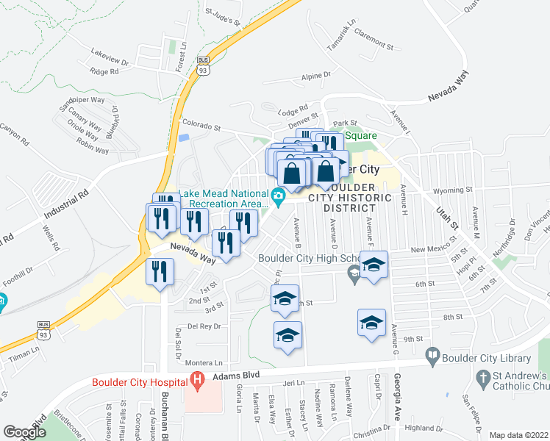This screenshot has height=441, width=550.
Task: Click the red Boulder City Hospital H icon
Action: [196, 379]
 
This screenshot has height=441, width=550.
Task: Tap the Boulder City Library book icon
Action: [432, 358]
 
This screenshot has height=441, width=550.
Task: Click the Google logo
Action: [24, 432]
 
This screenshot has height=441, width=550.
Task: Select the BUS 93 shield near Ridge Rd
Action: [204, 67]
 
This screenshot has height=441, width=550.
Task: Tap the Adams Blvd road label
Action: [234, 374]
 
